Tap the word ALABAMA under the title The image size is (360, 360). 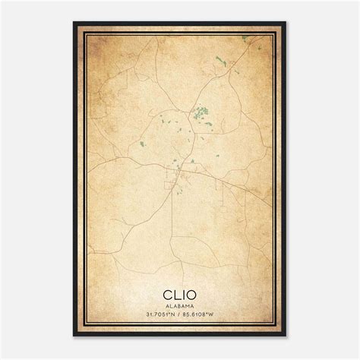click(x=180, y=302)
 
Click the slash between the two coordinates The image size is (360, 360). click(x=181, y=311)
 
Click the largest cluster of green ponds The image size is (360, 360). click(x=201, y=113)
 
